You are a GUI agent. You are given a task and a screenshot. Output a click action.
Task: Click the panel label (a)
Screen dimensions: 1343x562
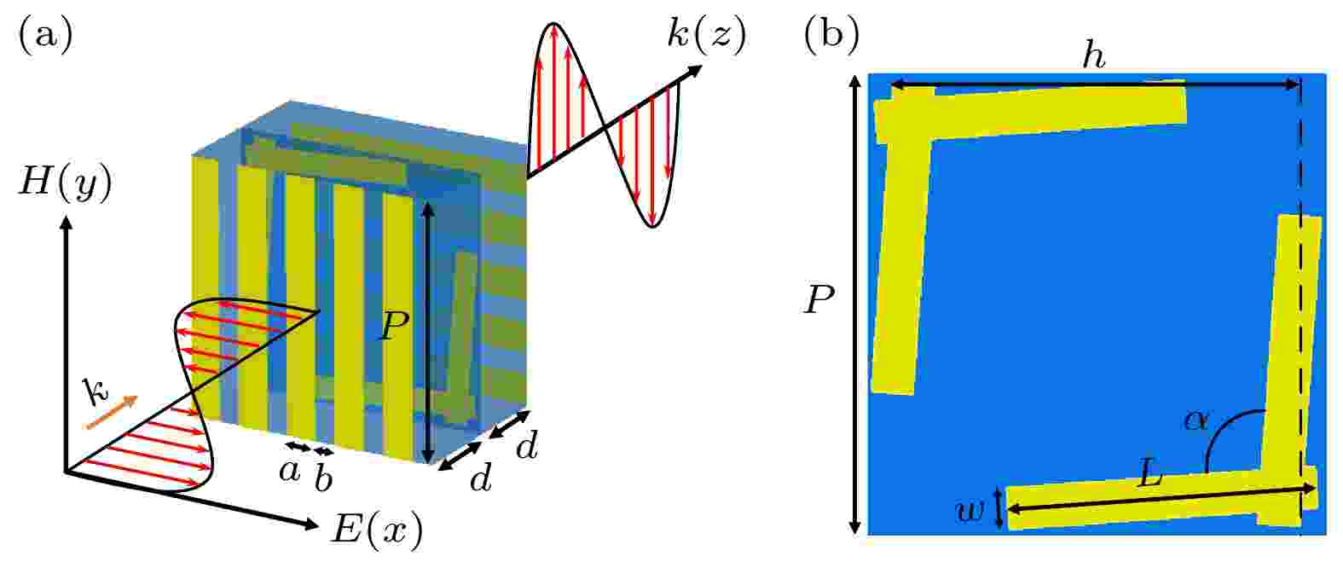point(46,35)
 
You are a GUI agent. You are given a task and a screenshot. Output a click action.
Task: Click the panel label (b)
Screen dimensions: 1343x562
point(831,35)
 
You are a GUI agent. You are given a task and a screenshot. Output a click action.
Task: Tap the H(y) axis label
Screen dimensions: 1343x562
point(66,183)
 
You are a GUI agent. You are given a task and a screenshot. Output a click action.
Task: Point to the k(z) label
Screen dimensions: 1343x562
point(708,35)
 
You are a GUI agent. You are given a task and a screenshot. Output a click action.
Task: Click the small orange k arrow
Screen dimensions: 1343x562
point(113,412)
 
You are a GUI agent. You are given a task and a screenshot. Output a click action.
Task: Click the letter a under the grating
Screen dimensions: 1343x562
point(289,472)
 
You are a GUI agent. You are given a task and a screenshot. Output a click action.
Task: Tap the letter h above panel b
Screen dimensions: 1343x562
point(1093,58)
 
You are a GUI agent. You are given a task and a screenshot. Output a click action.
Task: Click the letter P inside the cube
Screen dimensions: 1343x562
point(394,327)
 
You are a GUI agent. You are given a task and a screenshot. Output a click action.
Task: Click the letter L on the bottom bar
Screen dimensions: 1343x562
point(1150,476)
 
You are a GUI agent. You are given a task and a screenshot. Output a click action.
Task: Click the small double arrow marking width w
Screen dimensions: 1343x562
point(999,508)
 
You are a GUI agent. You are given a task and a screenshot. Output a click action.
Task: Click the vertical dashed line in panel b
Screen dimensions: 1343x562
point(1300,306)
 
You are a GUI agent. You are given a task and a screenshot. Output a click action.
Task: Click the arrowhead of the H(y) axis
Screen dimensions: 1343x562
point(67,223)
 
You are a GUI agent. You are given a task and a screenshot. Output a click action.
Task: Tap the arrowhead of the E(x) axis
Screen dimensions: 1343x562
point(312,524)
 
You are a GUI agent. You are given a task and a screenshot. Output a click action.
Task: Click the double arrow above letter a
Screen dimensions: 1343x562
point(298,446)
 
